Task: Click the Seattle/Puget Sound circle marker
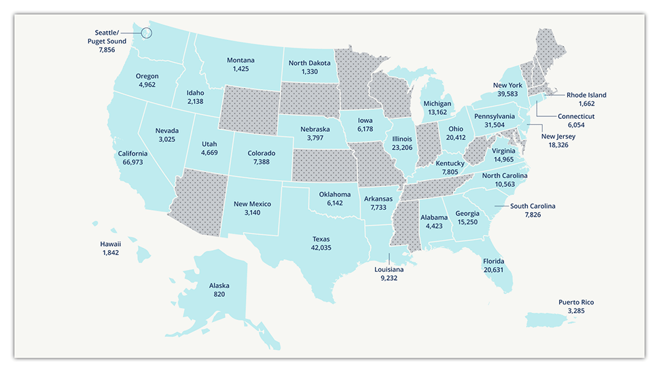(146, 32)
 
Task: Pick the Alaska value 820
(219, 295)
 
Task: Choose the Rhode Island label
(586, 95)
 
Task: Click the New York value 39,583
(507, 94)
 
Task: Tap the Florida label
(494, 260)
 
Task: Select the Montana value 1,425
(241, 69)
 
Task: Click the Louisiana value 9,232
(389, 277)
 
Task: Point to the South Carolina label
(533, 206)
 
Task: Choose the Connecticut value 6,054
(577, 125)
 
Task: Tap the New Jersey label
(558, 137)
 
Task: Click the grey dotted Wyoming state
(249, 109)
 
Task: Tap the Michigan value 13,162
(437, 113)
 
